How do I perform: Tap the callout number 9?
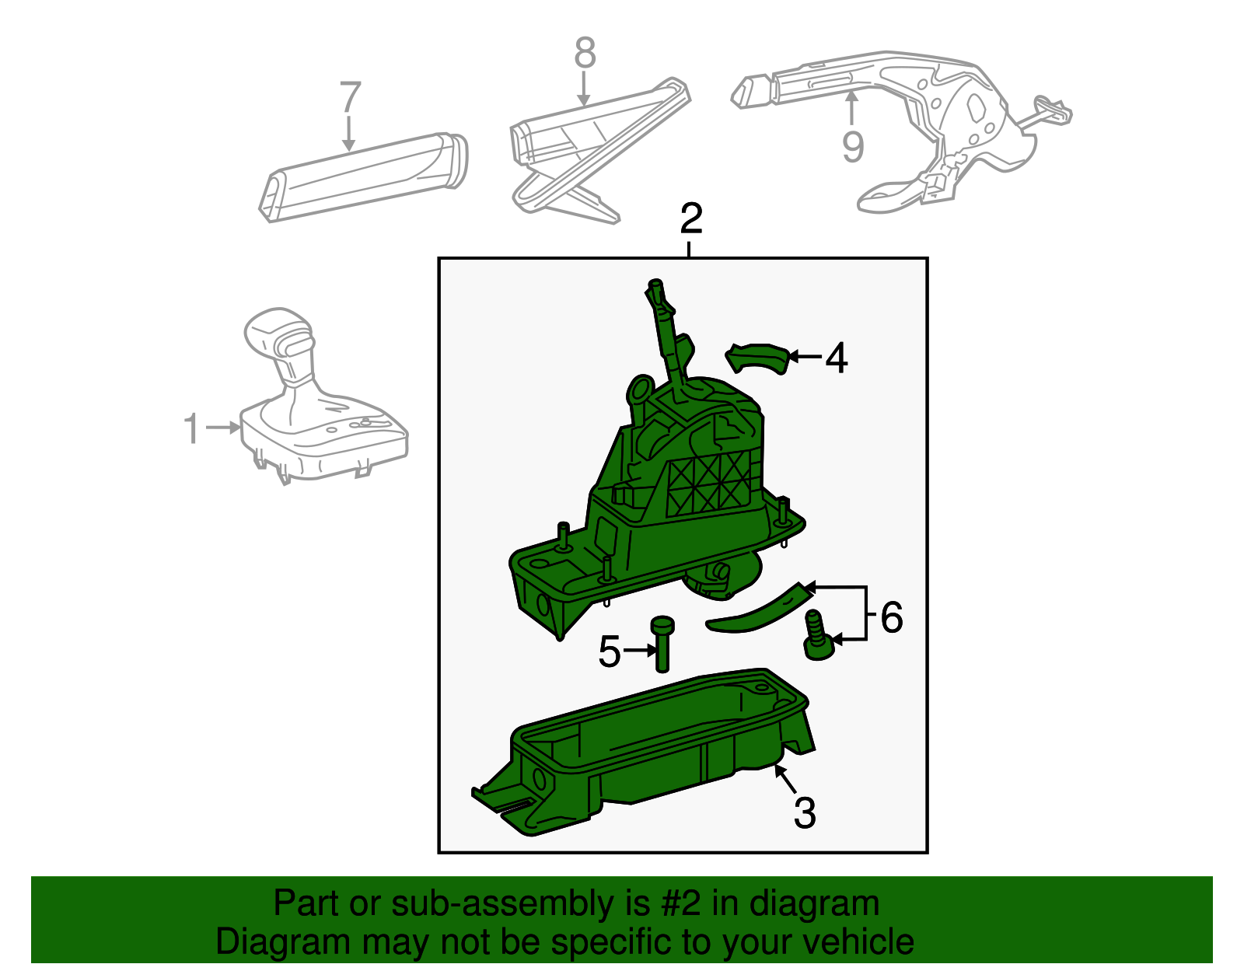(x=853, y=145)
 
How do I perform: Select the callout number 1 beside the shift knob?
(x=191, y=429)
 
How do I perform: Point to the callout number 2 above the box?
(x=690, y=219)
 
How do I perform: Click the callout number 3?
(x=805, y=813)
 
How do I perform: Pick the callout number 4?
(x=837, y=358)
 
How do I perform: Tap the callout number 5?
(x=610, y=651)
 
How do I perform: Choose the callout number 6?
(x=891, y=617)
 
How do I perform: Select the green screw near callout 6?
(x=816, y=636)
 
